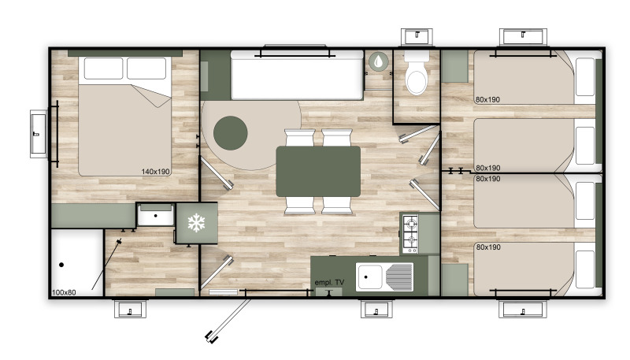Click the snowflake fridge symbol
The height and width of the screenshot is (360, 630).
click(196, 223)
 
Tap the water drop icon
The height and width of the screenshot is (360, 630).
click(379, 61)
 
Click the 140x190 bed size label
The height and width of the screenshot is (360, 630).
click(155, 172)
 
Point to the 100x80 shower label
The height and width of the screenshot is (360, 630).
click(64, 292)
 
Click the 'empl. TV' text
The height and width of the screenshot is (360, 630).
click(329, 283)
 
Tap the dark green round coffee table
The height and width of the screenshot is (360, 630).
click(230, 133)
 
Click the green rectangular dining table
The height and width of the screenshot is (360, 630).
click(318, 172)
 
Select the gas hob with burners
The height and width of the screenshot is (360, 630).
click(410, 234)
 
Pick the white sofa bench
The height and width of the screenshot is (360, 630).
click(297, 75)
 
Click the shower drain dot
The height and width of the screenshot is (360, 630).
click(61, 265)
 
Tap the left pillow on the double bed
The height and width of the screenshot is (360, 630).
click(104, 69)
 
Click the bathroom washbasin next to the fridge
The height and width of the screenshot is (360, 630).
click(155, 215)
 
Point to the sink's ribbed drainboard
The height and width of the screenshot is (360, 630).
click(399, 276)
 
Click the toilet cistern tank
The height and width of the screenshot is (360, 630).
click(417, 56)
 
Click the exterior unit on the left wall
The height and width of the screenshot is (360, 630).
click(38, 134)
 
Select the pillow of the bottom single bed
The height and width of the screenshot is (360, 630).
click(585, 269)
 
